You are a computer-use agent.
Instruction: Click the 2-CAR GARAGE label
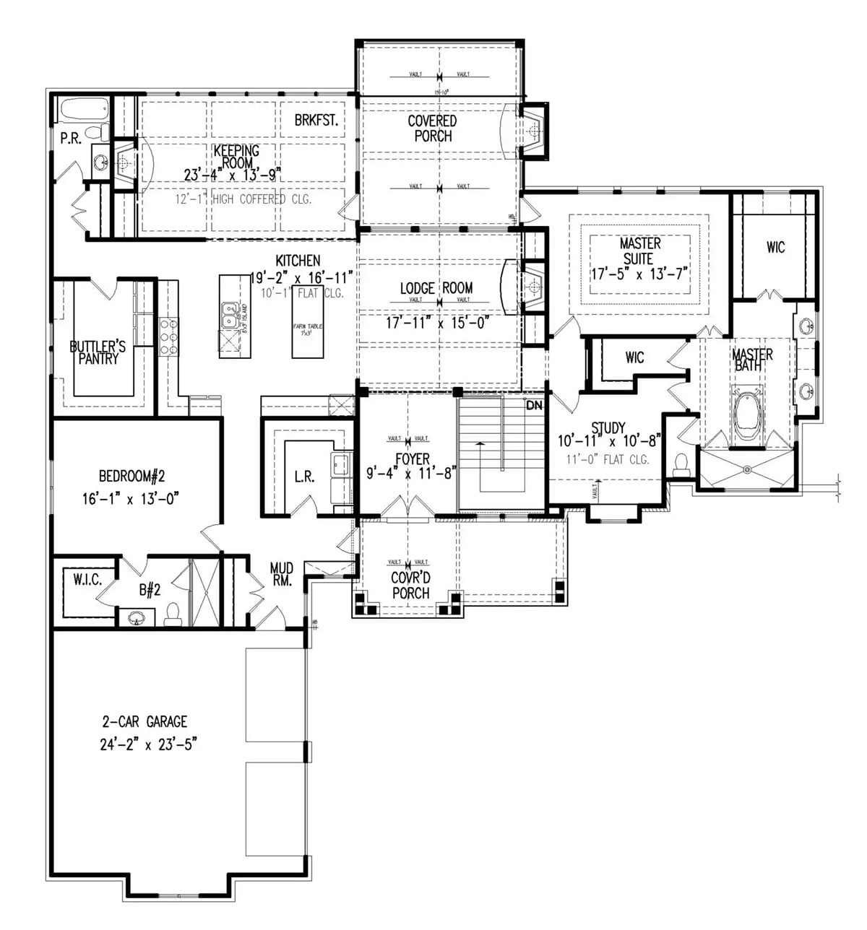(x=144, y=721)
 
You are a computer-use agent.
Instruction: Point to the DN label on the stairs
(x=534, y=406)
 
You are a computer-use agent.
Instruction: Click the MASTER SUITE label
(x=639, y=251)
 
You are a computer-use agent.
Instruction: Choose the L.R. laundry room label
(x=304, y=477)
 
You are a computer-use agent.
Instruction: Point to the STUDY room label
(x=608, y=427)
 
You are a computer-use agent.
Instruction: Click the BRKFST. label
(x=316, y=121)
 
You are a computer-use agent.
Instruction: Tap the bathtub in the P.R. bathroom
(x=84, y=111)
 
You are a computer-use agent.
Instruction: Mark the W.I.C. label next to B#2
(x=87, y=578)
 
